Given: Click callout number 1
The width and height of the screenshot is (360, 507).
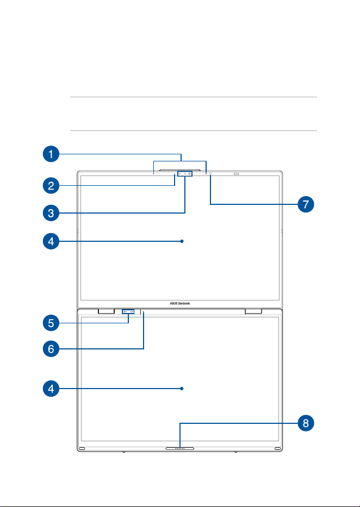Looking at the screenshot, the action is click(x=51, y=154).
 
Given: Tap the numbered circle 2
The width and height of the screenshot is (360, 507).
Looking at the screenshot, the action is click(x=51, y=186).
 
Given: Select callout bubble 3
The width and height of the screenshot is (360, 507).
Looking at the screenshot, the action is click(x=51, y=213).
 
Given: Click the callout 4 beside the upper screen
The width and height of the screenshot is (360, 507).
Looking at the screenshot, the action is click(x=51, y=241).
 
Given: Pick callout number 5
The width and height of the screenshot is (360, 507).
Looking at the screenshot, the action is click(x=51, y=323).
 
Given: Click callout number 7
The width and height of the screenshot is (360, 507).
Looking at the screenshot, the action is click(x=306, y=204).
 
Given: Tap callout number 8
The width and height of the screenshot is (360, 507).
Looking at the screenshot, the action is click(x=306, y=423).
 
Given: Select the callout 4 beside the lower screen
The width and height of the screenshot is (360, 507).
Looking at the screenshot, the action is click(x=51, y=389).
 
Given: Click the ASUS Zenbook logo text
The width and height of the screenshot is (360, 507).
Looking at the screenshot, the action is click(x=180, y=303).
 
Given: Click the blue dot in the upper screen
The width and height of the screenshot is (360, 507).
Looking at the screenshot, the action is click(x=182, y=241).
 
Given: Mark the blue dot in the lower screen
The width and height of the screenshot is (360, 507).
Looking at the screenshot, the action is click(x=182, y=389).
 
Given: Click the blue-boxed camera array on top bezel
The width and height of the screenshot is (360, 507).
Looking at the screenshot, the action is click(x=185, y=174).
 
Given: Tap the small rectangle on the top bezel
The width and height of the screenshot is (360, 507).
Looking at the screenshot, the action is click(x=236, y=174).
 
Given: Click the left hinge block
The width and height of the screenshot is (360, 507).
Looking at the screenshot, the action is click(x=105, y=311).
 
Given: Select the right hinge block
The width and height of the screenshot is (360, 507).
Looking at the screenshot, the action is click(x=253, y=311).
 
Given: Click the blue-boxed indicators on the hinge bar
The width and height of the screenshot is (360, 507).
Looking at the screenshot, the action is click(x=128, y=312).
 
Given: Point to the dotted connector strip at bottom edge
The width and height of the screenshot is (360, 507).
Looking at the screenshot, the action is click(x=179, y=448).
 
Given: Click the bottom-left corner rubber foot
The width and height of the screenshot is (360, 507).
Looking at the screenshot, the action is click(x=81, y=448).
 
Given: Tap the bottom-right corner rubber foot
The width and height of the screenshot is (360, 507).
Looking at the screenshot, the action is click(x=278, y=448).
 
